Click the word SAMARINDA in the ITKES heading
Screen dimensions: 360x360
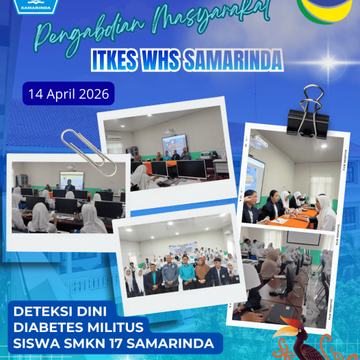[x=233, y=60]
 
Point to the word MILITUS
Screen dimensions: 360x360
[x=110, y=326]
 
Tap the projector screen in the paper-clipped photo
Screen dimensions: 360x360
[x=71, y=179]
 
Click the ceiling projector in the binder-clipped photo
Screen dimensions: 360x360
[x=258, y=142]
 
